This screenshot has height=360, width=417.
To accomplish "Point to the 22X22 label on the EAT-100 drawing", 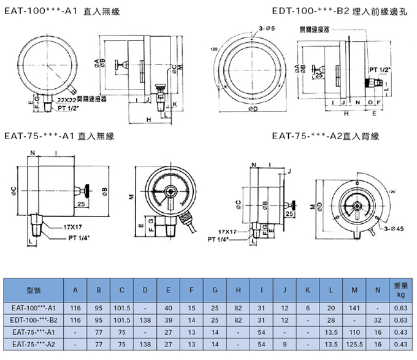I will (67, 98).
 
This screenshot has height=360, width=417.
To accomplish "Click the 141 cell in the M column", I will (355, 308).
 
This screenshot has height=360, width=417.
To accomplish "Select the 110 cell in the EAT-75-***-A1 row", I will (355, 331).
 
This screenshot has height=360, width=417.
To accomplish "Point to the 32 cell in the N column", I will (378, 320).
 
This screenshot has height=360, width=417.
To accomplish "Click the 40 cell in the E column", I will (169, 308).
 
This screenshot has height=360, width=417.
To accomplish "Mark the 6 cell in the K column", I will (308, 308).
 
